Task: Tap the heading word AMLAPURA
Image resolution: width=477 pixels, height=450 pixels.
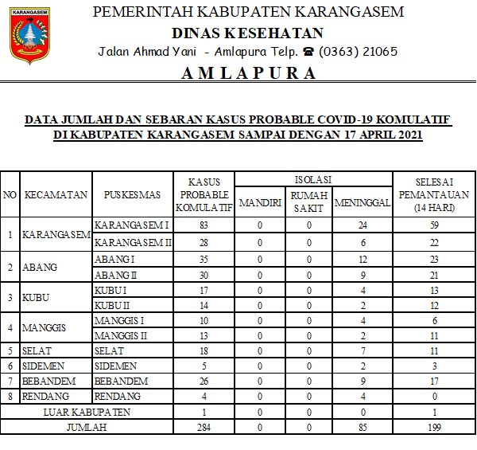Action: [248, 73]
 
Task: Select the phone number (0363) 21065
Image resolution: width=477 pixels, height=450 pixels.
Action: [359, 52]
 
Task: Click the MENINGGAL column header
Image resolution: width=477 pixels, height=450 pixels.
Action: [362, 202]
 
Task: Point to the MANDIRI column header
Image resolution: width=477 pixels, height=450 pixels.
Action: [260, 202]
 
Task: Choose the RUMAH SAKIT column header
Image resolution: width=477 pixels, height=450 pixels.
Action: [308, 202]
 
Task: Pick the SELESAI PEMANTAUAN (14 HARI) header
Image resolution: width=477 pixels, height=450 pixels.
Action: [434, 194]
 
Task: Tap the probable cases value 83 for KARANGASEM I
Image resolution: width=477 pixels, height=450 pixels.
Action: [204, 226]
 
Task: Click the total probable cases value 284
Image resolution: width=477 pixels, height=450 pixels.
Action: [204, 428]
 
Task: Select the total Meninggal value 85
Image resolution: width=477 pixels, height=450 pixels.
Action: [362, 428]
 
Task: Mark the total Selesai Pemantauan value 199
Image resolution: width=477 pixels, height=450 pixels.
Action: [434, 428]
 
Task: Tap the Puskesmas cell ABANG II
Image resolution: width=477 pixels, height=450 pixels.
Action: [116, 273]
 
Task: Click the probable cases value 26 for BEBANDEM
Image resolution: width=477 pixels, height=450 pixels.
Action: [204, 381]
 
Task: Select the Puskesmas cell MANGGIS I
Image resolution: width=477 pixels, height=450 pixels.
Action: [121, 319]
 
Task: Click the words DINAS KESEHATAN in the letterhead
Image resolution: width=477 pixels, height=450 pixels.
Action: [248, 33]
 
